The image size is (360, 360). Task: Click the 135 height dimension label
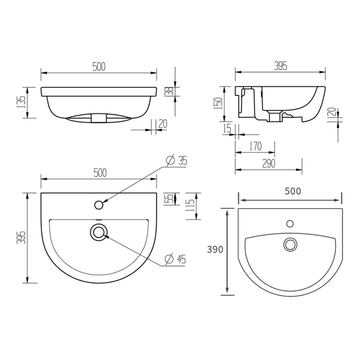click(x=20, y=103)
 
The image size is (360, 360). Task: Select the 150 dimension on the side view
click(x=218, y=103)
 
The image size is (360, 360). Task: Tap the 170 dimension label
click(x=255, y=147)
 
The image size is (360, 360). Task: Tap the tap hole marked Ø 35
click(x=99, y=205)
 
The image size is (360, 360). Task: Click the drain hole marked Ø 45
click(x=99, y=232)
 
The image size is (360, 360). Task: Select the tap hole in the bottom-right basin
click(x=290, y=223)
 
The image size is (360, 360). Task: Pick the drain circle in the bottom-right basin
click(x=290, y=244)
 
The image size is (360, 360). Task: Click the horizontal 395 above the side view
click(x=280, y=66)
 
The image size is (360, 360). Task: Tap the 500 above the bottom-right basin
click(x=292, y=190)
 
